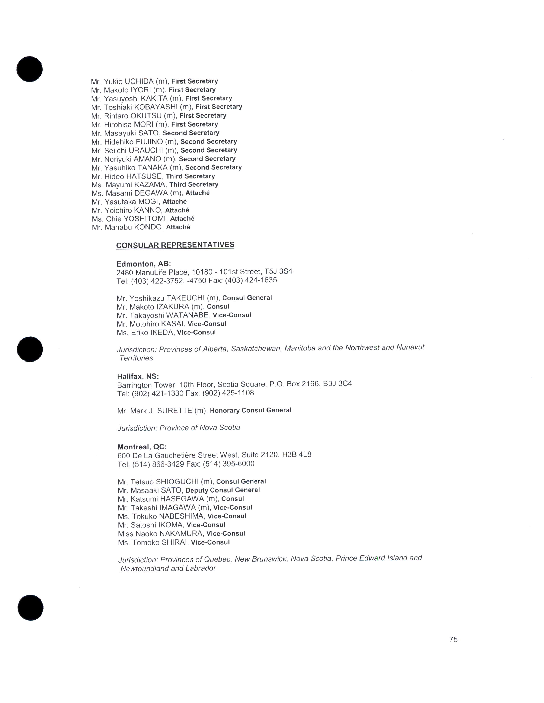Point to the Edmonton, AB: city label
[x=143, y=264]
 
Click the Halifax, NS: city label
[x=138, y=376]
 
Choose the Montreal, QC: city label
[x=142, y=447]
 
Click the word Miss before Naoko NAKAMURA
[x=125, y=534]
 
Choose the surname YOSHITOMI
[x=145, y=219]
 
